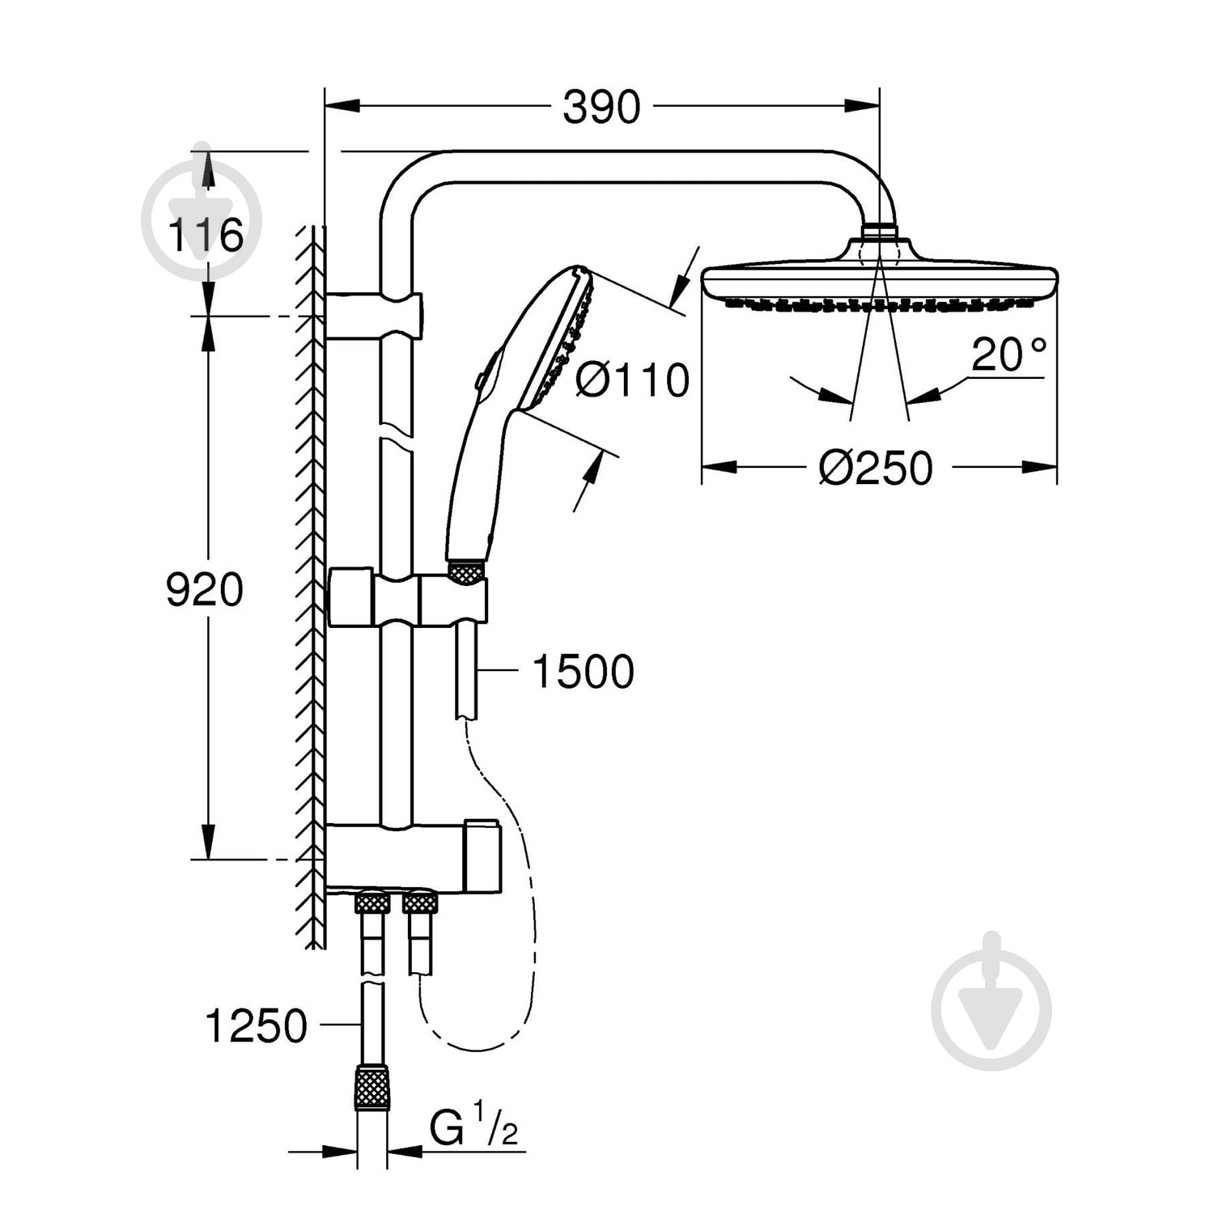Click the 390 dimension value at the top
point(601,107)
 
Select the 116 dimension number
point(205,236)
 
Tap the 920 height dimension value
point(204,589)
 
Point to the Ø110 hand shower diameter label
point(632,380)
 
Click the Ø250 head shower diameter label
point(876,468)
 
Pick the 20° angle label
point(1008,354)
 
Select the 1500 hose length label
point(583,671)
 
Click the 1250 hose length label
point(257,1026)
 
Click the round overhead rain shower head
point(880,280)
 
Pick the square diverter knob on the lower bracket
point(482,857)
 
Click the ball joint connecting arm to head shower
point(880,232)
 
